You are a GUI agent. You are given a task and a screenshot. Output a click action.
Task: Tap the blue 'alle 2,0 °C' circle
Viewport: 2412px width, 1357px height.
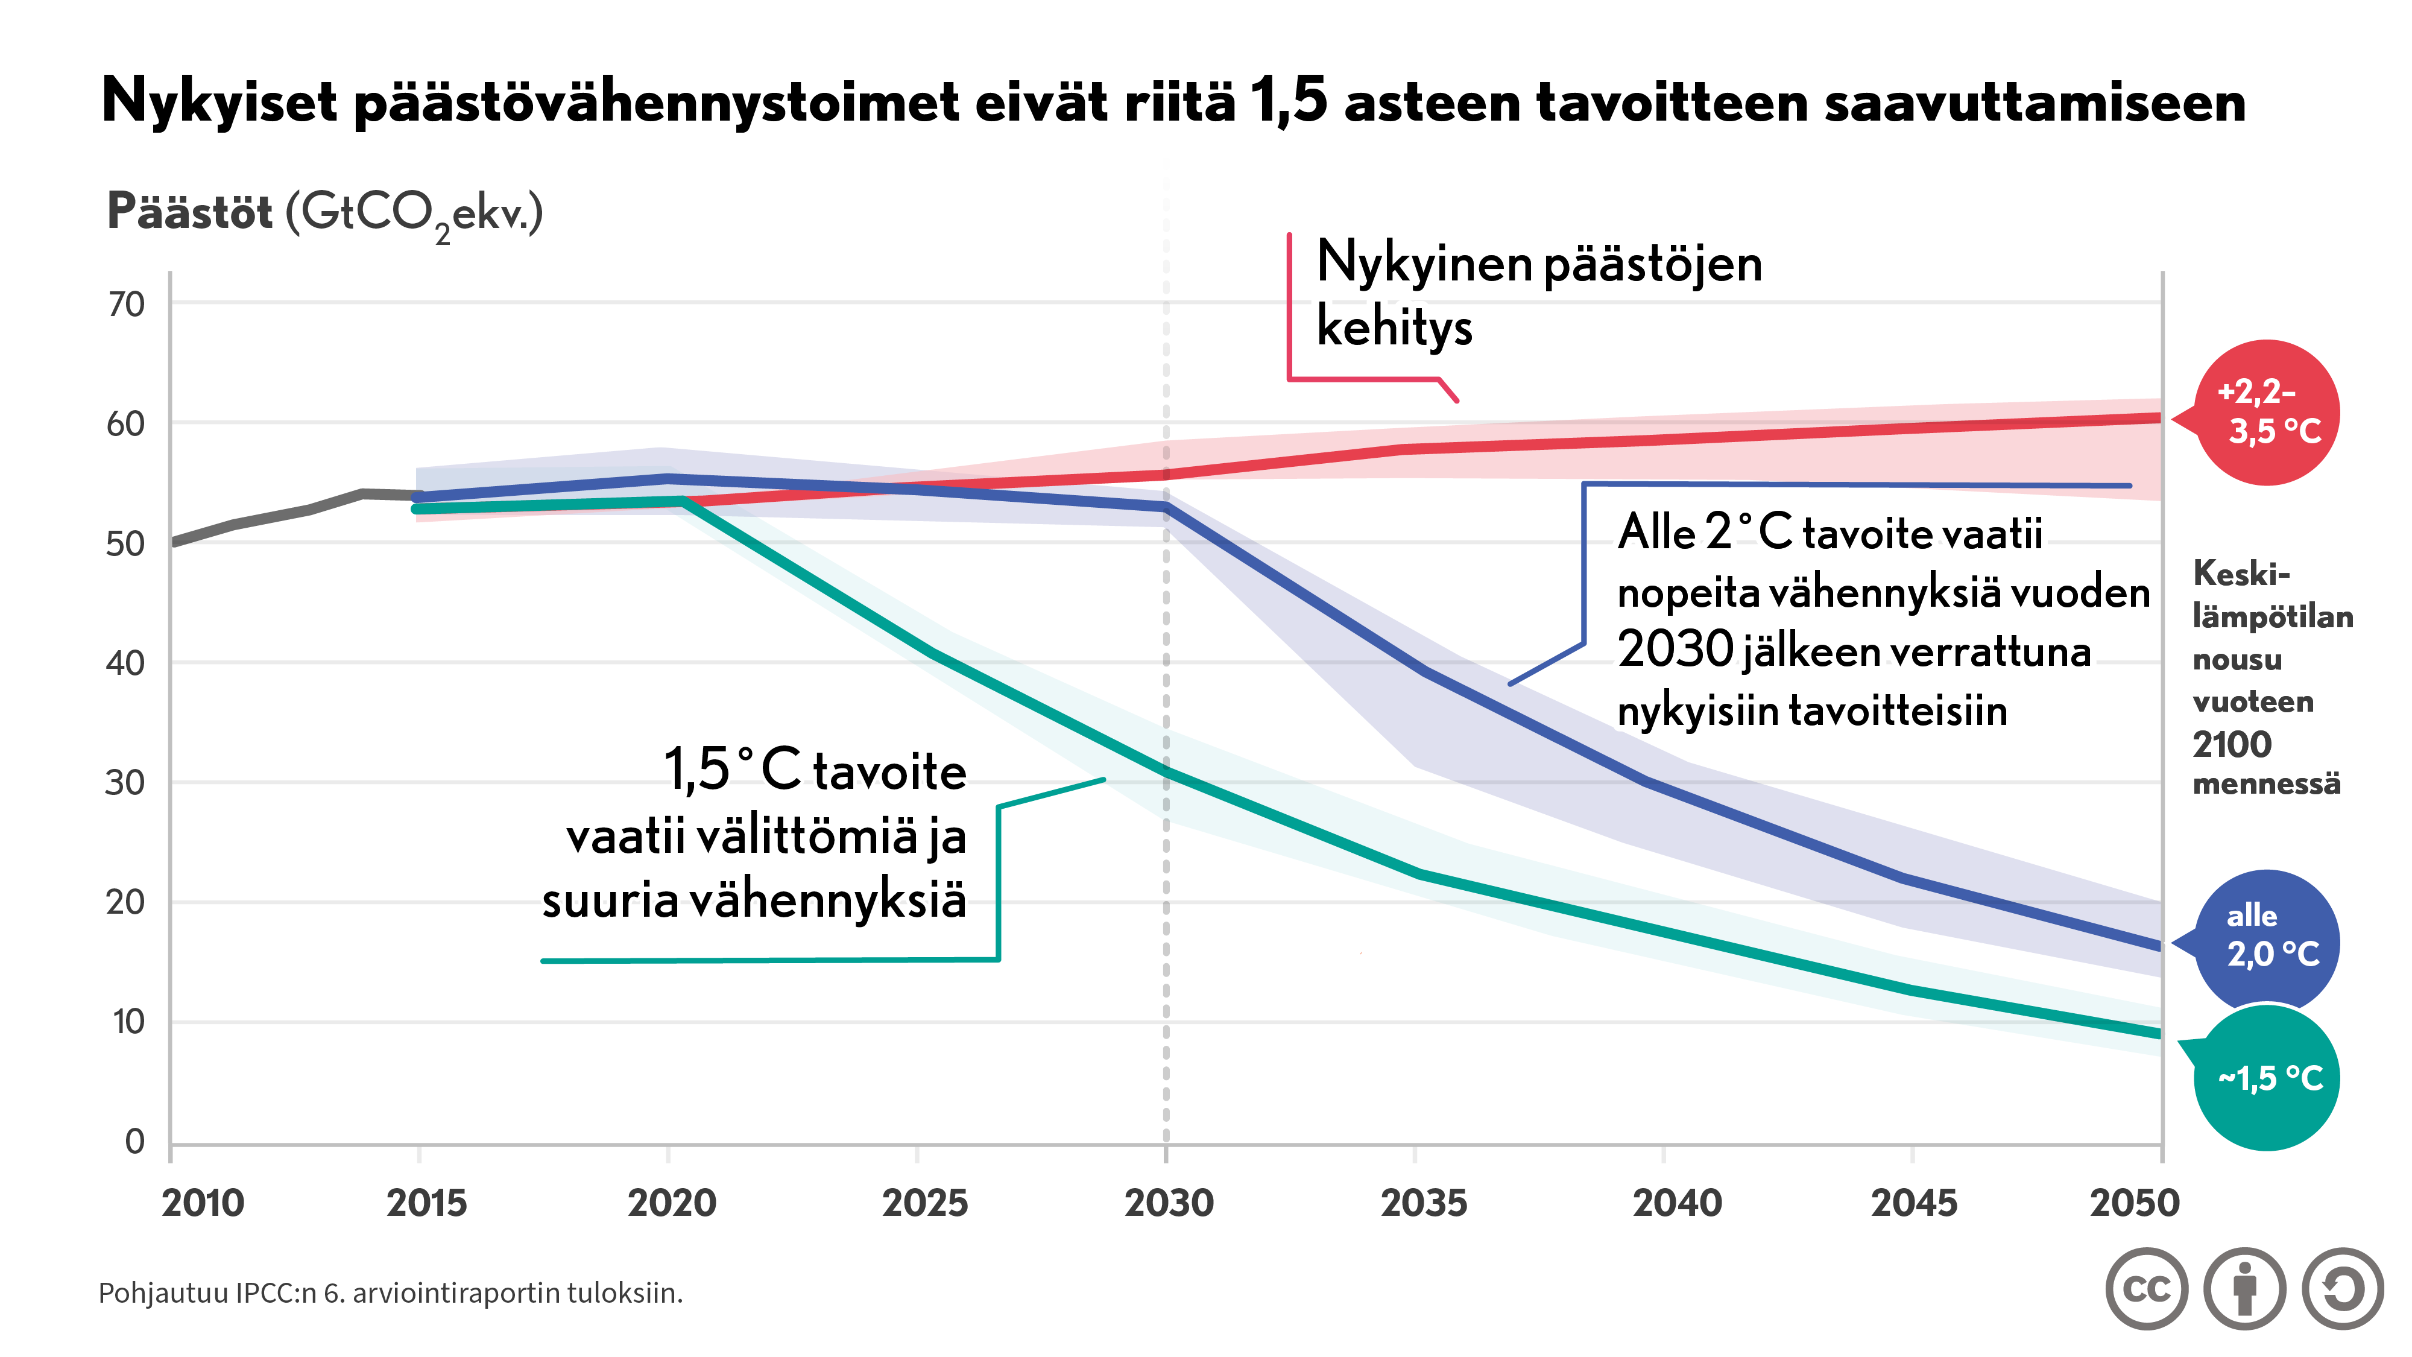pos(2266,941)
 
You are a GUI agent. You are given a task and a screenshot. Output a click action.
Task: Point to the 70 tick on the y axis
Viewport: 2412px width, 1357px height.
pos(127,305)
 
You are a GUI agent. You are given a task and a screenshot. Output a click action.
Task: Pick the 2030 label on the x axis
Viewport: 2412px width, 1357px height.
pos(1169,1203)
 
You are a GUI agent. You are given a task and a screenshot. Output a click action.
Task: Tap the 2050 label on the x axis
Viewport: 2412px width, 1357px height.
pos(2135,1203)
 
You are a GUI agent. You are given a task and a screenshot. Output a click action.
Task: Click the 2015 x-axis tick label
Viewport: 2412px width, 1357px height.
pos(426,1203)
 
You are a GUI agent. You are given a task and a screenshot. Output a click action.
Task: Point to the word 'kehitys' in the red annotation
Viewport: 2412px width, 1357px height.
pos(1394,327)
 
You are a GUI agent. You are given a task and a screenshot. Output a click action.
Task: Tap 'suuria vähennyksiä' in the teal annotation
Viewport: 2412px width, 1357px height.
pos(754,901)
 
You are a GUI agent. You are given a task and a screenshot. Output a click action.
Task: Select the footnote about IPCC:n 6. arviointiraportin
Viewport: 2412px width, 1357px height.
pos(391,1292)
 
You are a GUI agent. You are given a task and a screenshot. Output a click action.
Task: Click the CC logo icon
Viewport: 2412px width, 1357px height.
pos(2146,1289)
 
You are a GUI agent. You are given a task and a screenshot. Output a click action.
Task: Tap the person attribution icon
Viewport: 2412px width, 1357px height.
pos(2244,1289)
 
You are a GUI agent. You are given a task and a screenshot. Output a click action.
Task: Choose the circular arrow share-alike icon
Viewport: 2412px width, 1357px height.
pos(2342,1289)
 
